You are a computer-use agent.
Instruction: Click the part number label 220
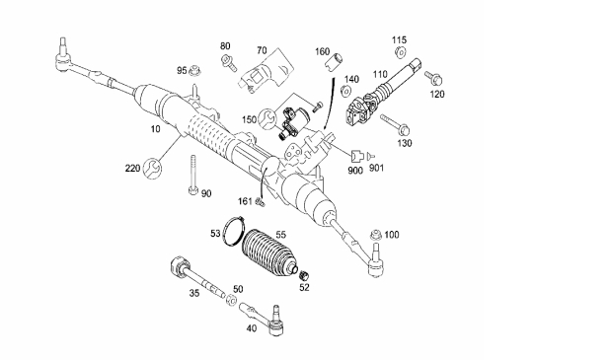132,169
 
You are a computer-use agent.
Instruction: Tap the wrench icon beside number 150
268,118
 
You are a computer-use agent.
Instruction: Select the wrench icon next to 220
152,169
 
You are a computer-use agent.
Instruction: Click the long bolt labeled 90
192,176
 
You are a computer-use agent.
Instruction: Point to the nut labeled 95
194,71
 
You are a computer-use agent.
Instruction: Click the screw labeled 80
228,63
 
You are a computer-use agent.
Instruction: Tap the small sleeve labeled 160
335,62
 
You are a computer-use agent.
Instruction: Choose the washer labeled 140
345,91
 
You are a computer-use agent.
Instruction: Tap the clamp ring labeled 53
235,231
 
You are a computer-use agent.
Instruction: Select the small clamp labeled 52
305,275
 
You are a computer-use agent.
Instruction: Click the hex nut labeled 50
232,300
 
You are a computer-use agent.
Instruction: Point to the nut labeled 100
375,235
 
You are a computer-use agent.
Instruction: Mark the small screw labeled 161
260,202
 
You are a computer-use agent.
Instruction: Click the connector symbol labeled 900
357,156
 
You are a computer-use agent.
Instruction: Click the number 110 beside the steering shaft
380,74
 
